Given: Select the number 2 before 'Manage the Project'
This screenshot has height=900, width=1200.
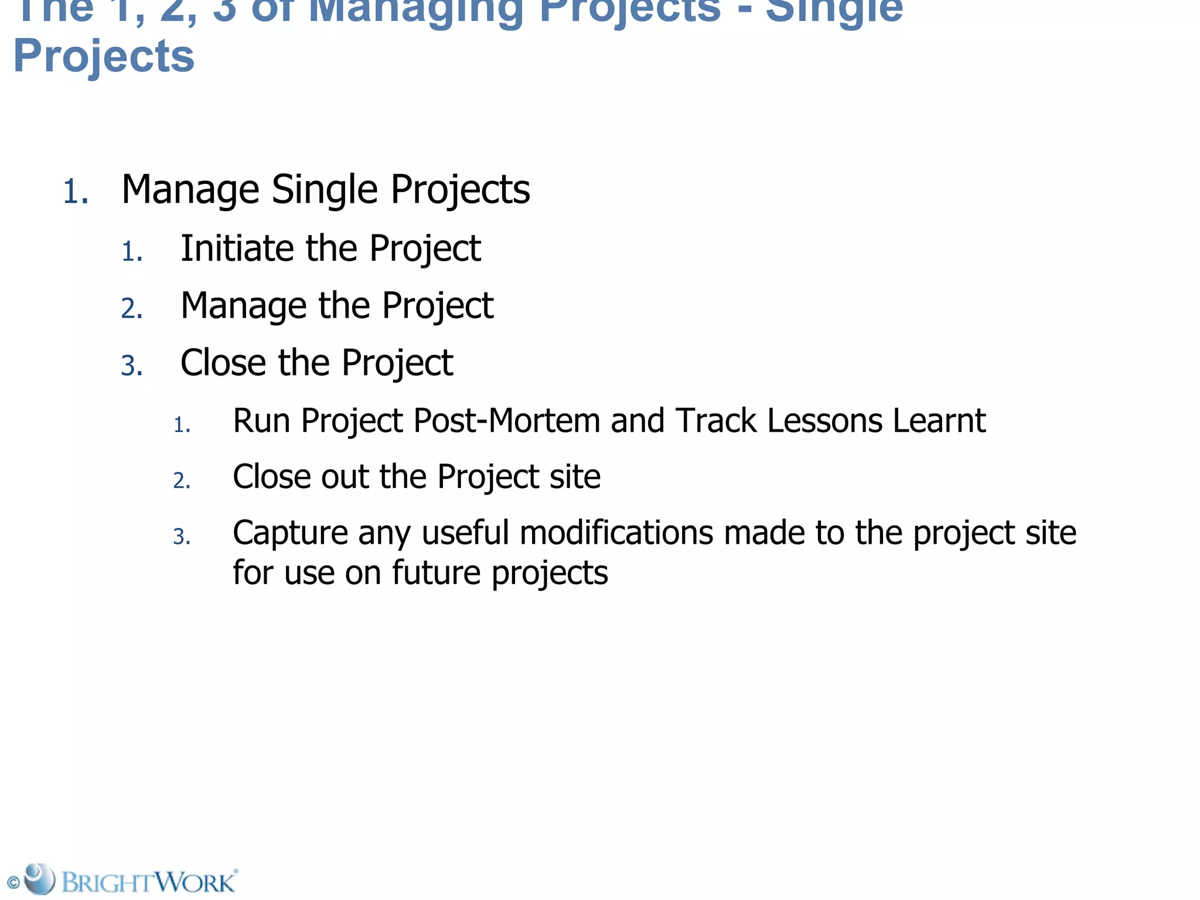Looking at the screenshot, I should (x=131, y=309).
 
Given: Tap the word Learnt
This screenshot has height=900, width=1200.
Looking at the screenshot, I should (x=939, y=421).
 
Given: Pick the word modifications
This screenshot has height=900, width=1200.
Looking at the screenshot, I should (x=616, y=533).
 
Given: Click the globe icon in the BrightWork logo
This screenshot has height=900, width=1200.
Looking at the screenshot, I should (x=40, y=879).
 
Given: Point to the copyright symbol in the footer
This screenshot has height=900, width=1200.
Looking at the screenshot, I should (x=13, y=882).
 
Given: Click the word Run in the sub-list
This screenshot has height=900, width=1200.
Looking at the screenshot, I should (x=261, y=421).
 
